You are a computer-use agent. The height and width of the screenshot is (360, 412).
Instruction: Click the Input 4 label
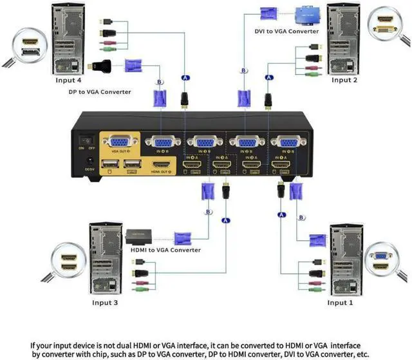[68, 81]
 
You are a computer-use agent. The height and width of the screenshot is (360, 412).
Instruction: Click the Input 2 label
[344, 81]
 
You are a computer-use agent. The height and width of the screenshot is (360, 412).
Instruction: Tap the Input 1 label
[341, 303]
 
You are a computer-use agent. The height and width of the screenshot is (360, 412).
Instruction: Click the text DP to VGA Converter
[99, 92]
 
